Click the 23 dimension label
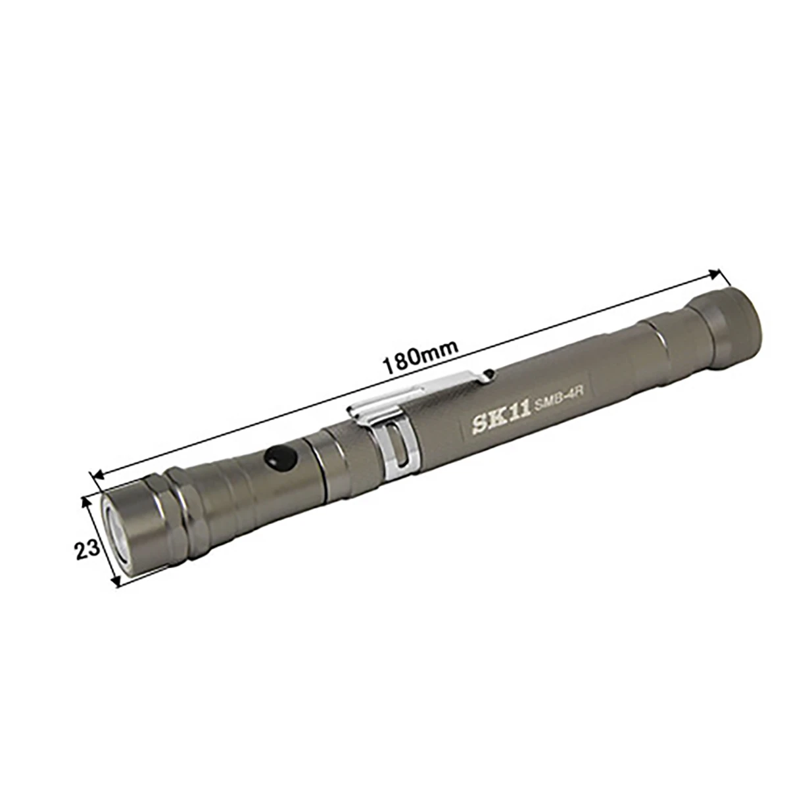[x=87, y=549]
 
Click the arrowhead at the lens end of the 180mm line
[x=99, y=475]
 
